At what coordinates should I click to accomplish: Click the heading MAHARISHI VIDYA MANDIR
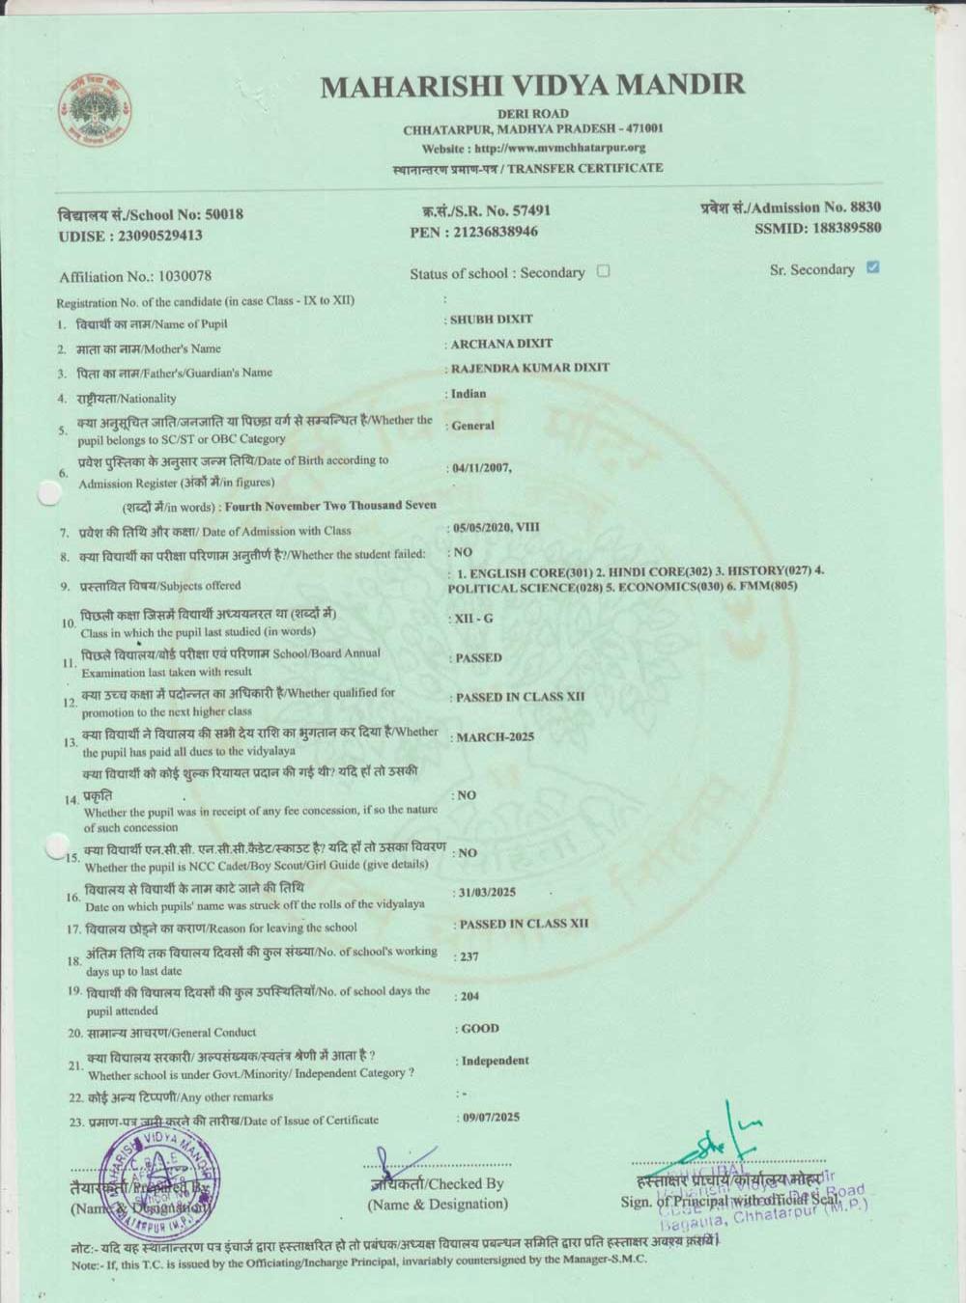(x=532, y=85)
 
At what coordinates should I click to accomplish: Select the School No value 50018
(x=224, y=214)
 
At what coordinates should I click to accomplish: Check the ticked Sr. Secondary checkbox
(x=873, y=267)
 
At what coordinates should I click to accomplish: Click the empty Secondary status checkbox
(x=604, y=271)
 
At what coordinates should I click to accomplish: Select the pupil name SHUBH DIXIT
(x=492, y=319)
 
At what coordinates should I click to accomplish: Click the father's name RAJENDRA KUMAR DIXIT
(x=530, y=368)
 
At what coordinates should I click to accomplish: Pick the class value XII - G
(x=474, y=618)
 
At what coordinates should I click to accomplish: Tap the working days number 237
(x=469, y=956)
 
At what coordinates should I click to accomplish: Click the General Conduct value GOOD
(x=480, y=1029)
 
